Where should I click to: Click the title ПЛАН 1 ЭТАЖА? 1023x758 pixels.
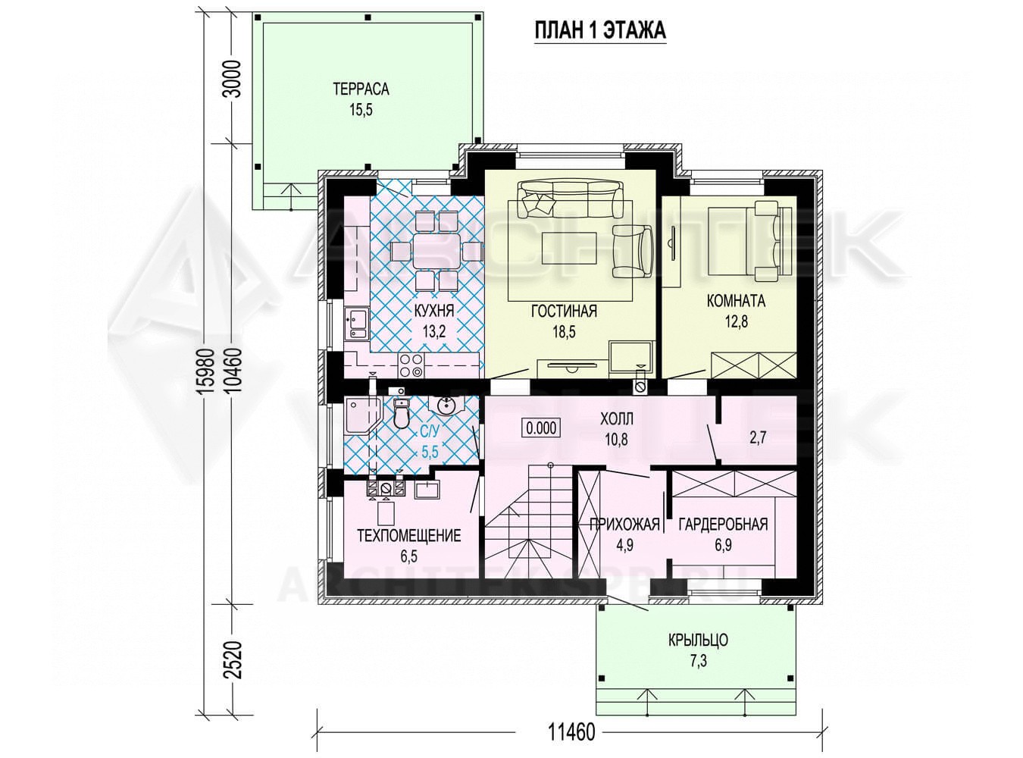[x=600, y=31]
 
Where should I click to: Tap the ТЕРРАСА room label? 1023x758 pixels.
[x=361, y=89]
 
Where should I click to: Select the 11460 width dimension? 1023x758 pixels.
[x=571, y=732]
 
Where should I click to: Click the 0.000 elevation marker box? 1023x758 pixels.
[x=541, y=428]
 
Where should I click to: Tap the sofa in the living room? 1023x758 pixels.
[x=570, y=199]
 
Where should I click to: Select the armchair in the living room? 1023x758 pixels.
[x=633, y=252]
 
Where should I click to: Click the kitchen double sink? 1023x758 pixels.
[x=356, y=324]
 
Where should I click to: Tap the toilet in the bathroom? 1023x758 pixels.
[x=401, y=413]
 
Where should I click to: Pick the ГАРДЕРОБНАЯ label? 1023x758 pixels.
[x=723, y=525]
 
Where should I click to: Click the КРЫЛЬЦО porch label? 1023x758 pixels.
[x=699, y=640]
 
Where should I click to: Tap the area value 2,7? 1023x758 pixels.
[x=758, y=437]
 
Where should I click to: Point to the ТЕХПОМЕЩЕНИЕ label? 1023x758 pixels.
[x=409, y=535]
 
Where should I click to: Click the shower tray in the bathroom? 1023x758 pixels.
[x=362, y=415]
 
